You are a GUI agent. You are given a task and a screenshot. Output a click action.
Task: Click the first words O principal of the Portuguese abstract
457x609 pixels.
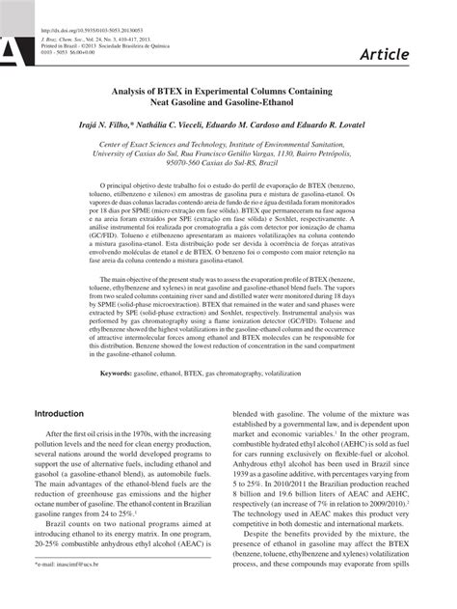(x=121, y=183)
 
